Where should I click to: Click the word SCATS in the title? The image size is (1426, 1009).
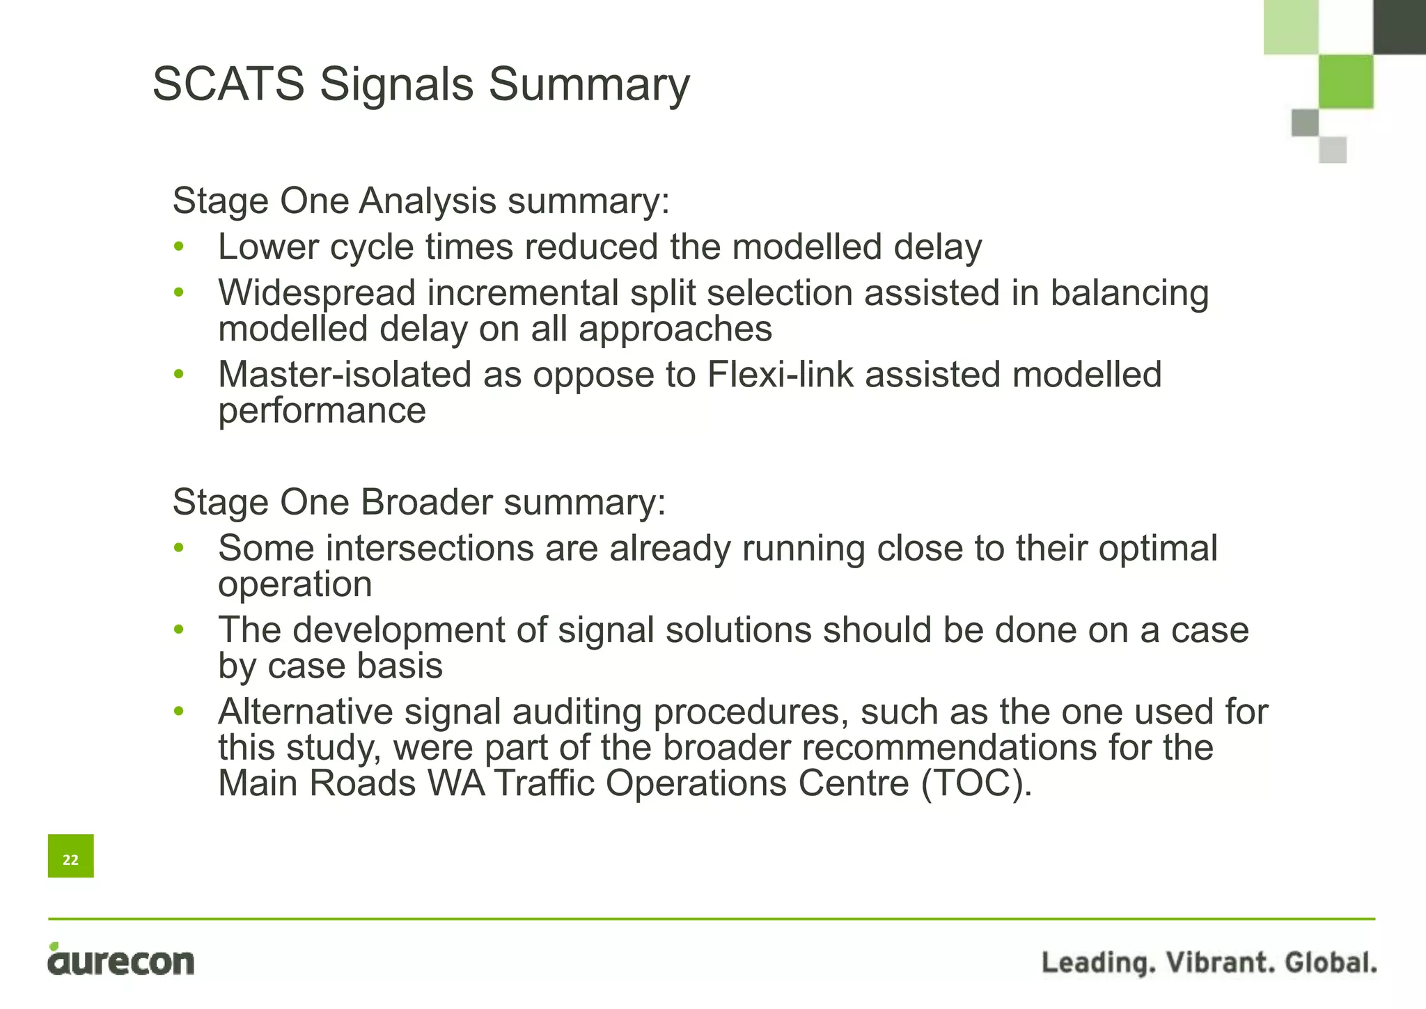tap(228, 84)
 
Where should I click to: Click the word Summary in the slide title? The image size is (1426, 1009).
tap(589, 84)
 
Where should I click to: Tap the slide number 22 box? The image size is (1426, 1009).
tap(70, 856)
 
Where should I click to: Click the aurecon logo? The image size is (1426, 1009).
tap(121, 960)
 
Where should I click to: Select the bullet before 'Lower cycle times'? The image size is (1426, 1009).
tap(179, 247)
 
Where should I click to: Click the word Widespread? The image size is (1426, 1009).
tap(317, 292)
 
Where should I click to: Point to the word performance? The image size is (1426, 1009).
tap(322, 411)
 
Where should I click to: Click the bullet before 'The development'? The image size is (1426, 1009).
tap(179, 629)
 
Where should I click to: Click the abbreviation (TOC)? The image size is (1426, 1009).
tap(976, 783)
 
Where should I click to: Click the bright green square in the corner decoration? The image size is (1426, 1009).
tap(1345, 81)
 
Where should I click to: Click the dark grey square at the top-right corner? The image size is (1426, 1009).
tap(1399, 26)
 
